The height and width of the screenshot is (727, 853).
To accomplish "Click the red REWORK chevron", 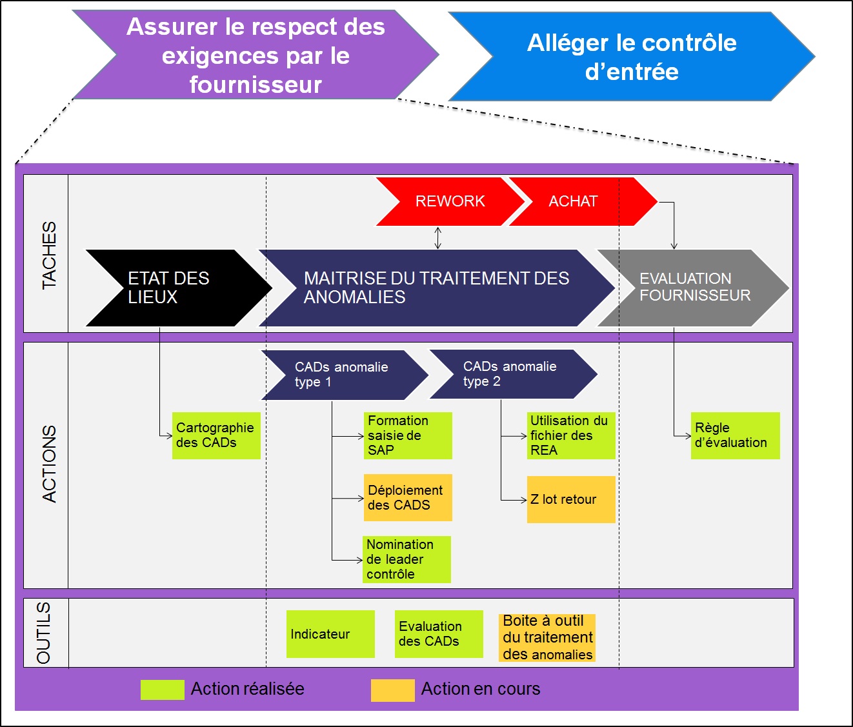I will [450, 201].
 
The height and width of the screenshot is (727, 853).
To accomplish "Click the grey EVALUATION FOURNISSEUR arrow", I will [694, 288].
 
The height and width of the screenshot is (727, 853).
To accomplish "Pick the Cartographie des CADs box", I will [216, 435].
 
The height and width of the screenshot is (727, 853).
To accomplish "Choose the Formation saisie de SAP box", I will [408, 435].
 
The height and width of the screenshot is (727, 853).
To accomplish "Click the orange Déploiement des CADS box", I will [408, 497].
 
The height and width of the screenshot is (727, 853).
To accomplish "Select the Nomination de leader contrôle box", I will [406, 559].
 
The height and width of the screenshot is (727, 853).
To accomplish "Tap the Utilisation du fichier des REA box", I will [571, 435].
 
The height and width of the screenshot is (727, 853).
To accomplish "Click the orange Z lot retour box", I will [571, 499].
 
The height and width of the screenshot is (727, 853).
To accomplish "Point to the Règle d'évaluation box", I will [735, 435].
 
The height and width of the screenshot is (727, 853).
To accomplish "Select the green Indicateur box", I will [330, 634].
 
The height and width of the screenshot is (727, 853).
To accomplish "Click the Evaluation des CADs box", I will [439, 634].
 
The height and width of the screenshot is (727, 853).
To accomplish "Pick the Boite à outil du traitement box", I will [547, 637].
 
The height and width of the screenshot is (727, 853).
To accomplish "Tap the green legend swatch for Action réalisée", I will [163, 690].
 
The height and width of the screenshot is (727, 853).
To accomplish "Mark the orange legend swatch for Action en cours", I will [392, 690].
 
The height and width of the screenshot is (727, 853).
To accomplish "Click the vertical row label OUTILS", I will [45, 633].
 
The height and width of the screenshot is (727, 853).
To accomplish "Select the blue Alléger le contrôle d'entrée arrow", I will [631, 57].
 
